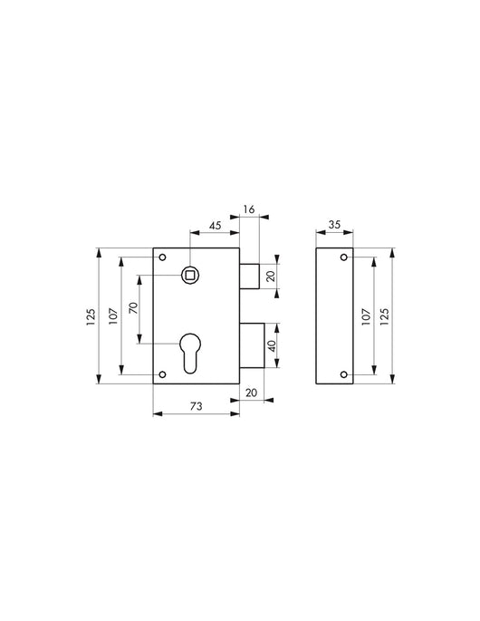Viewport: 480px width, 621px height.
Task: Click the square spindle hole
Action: point(191,274)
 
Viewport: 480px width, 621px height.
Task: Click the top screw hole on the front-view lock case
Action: point(164,258)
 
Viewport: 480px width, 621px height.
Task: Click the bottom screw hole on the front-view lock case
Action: point(164,374)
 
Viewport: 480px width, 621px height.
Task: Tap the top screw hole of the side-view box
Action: point(343,258)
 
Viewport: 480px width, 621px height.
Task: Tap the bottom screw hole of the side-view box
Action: point(343,374)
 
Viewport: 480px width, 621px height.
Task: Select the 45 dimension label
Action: point(216,227)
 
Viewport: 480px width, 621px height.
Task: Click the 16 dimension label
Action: point(250,210)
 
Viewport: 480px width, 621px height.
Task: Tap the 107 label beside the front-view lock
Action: point(113,316)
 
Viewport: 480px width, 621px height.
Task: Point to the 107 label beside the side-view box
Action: point(366,316)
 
